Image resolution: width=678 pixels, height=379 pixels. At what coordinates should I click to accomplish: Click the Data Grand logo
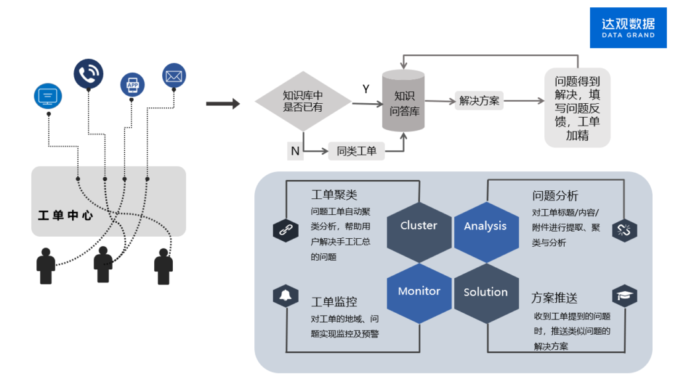click(628, 28)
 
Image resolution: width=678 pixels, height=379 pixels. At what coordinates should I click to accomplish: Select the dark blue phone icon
click(88, 73)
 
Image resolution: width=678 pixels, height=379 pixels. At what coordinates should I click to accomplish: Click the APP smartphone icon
click(132, 85)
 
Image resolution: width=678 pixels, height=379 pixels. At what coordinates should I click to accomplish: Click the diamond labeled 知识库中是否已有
click(303, 101)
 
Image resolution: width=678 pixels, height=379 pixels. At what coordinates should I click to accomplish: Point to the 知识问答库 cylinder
click(403, 101)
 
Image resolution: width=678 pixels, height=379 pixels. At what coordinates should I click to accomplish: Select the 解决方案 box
click(479, 101)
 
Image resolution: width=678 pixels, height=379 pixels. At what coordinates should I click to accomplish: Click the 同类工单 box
click(356, 151)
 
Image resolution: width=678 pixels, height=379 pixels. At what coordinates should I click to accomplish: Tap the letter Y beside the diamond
click(366, 89)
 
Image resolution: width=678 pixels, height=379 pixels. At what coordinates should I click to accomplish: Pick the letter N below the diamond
click(295, 151)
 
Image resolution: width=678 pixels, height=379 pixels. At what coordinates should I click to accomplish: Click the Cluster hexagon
click(418, 226)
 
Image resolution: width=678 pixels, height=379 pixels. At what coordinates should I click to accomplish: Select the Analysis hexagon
click(485, 226)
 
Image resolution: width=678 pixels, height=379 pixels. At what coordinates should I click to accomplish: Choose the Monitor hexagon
click(418, 291)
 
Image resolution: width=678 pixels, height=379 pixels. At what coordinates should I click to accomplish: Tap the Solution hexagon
click(485, 292)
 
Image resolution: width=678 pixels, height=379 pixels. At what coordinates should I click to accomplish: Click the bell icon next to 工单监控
click(285, 296)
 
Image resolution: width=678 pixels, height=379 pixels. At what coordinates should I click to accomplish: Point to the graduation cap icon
click(624, 296)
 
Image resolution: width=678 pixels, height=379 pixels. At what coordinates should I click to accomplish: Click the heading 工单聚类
click(334, 195)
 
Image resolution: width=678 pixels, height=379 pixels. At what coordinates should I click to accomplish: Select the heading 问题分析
click(555, 196)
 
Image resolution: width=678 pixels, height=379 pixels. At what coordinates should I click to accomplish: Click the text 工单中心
click(66, 216)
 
